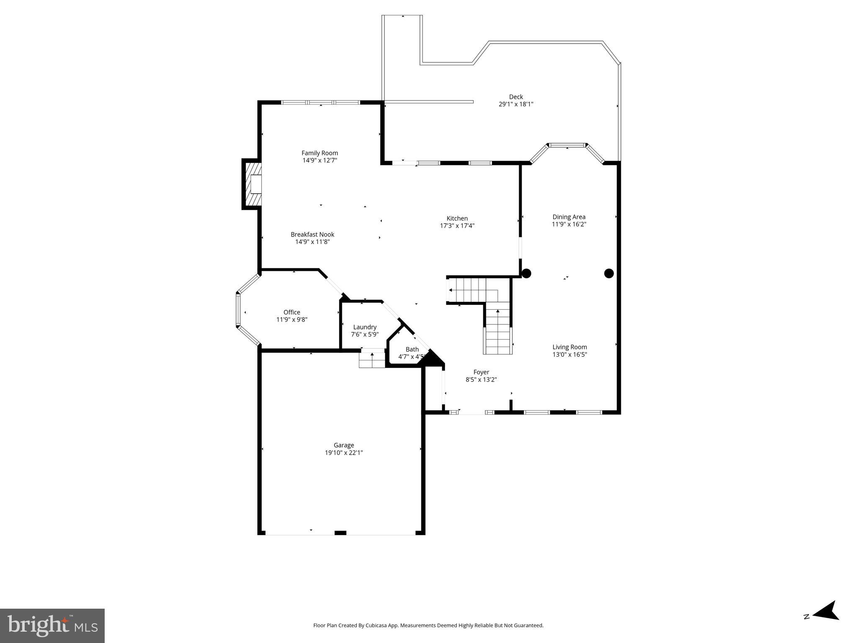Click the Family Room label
319,153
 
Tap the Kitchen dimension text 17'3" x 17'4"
457,226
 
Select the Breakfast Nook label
312,234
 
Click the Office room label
292,312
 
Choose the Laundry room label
365,327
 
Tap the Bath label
412,350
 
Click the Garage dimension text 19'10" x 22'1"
344,453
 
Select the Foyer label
481,372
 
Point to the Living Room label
569,347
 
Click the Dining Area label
569,217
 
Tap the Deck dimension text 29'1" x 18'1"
516,104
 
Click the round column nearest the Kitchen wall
526,273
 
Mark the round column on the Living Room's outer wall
609,273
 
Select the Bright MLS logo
52,626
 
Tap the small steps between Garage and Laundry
372,360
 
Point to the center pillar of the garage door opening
340,532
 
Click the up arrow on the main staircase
497,311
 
